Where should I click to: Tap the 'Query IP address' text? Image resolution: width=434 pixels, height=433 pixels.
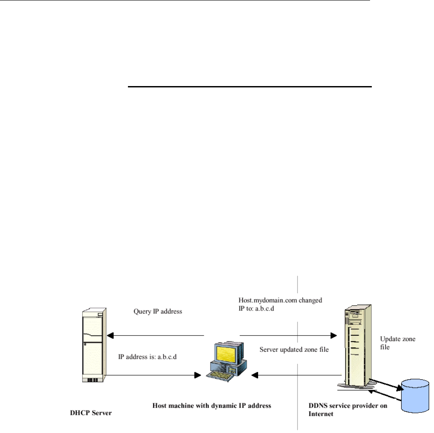(x=158, y=311)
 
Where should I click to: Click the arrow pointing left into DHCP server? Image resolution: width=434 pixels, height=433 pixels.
(x=155, y=336)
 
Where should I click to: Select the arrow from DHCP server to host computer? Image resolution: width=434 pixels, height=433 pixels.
(x=155, y=375)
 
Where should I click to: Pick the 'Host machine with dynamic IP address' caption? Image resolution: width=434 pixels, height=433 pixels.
(x=211, y=405)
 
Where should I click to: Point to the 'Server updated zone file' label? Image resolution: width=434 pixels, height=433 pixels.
(x=294, y=350)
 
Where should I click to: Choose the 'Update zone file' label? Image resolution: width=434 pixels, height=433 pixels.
(x=398, y=343)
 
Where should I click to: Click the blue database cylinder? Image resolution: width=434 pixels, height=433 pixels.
(x=415, y=395)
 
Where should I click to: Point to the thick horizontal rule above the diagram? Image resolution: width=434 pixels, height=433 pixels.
(x=249, y=87)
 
